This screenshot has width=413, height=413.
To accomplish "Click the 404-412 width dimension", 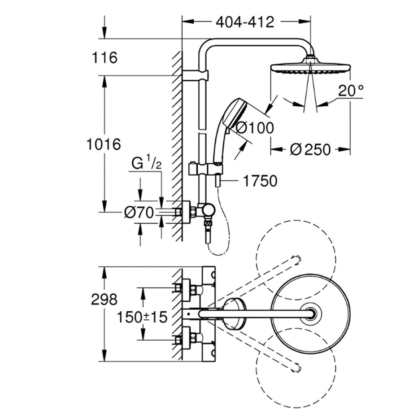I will [x=244, y=21].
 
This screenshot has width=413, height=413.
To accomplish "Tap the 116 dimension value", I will [x=104, y=57].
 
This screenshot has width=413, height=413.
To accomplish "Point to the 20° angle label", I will [x=351, y=91].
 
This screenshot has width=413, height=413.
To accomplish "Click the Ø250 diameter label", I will [x=310, y=148].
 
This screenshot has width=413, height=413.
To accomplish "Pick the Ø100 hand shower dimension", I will [x=254, y=128].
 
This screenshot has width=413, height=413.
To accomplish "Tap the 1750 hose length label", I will [x=260, y=181].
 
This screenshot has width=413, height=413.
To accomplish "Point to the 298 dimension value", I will [x=104, y=299].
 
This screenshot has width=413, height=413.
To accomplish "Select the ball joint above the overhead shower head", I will [x=310, y=58].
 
